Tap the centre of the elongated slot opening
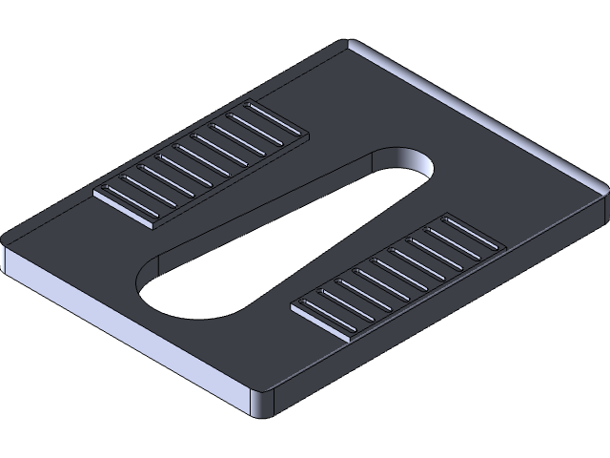point(286,234)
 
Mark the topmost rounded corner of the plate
point(350,44)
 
